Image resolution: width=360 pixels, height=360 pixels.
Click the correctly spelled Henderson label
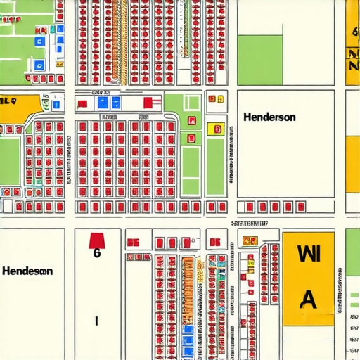click(x=269, y=117)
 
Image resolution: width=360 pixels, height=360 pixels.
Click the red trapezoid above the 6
click(x=96, y=240)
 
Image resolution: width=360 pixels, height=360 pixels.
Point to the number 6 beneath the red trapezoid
click(x=96, y=255)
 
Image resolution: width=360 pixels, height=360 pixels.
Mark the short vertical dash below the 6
click(x=96, y=320)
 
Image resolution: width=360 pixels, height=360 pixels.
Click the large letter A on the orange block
click(x=308, y=300)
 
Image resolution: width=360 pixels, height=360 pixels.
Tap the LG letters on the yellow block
click(x=8, y=101)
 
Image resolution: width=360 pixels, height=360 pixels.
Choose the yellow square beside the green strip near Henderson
click(x=215, y=129)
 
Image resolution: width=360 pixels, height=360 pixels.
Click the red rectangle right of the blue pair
click(x=147, y=103)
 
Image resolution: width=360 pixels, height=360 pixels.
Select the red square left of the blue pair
click(x=83, y=104)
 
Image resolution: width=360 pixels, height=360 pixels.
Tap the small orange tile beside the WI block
click(x=249, y=240)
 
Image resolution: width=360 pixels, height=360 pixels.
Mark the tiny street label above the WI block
click(x=249, y=224)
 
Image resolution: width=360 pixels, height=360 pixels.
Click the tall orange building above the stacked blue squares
click(x=187, y=288)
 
